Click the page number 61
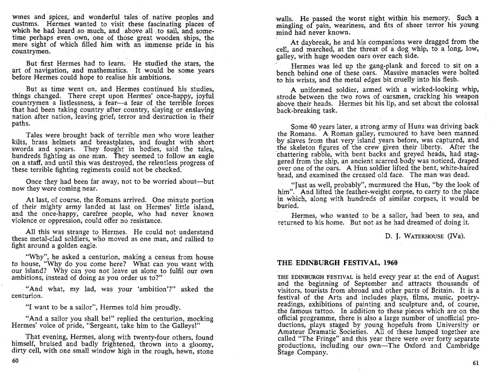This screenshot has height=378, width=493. [475, 363]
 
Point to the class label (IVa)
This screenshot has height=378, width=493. [454, 235]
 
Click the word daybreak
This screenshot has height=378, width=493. [312, 42]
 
